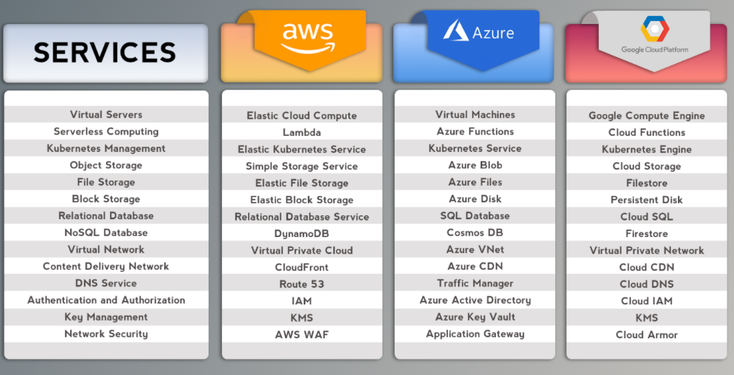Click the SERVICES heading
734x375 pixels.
point(105,52)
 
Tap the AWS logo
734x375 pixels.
point(307,37)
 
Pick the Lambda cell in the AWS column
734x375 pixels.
point(301,133)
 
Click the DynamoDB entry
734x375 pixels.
point(301,234)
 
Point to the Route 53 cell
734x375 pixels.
point(301,284)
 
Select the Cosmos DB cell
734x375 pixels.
point(475,233)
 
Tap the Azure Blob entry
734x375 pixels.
point(475,165)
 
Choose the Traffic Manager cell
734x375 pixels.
point(475,284)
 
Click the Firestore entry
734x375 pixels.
point(647,234)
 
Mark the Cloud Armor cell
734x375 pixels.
point(647,335)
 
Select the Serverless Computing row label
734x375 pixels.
point(106,132)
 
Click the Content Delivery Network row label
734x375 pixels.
point(106,266)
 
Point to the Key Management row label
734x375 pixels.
point(106,317)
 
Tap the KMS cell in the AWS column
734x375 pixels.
point(301,318)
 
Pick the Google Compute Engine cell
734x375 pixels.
point(647,116)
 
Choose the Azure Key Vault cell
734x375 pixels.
point(475,317)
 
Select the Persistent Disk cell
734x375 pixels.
point(647,200)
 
